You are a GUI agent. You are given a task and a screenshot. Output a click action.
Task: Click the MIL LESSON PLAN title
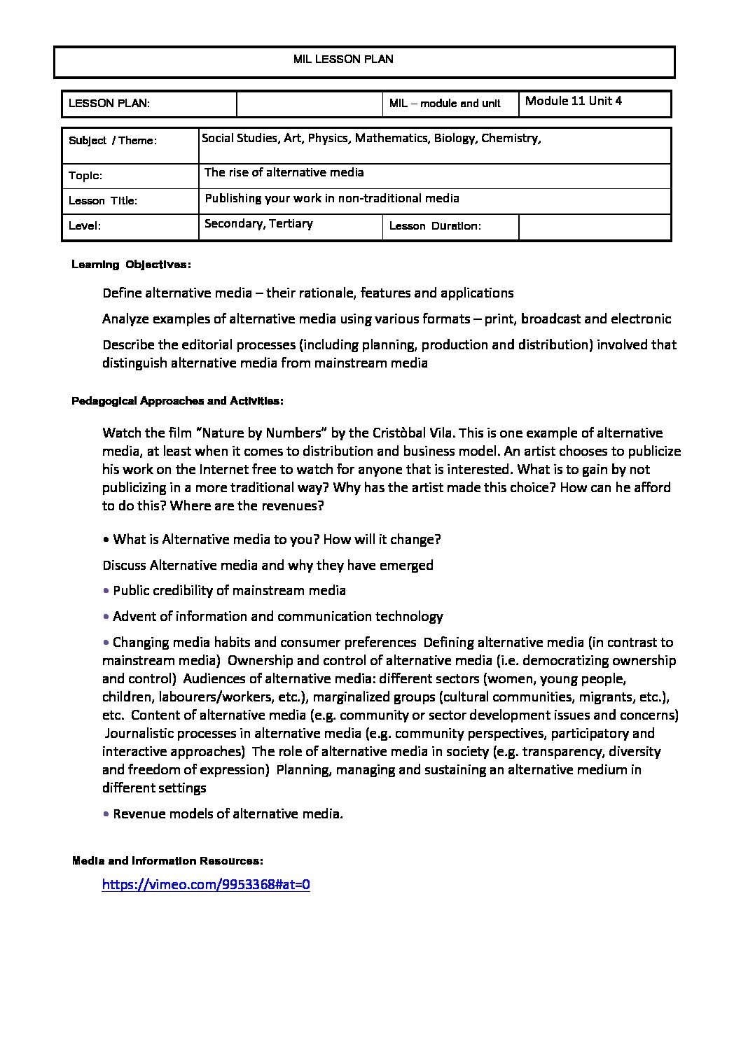click(343, 60)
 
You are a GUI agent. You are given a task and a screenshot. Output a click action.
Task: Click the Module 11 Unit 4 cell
click(573, 101)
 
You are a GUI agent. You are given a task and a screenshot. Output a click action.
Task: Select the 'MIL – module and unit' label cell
click(445, 104)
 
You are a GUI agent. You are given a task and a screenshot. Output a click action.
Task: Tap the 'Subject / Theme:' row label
click(113, 141)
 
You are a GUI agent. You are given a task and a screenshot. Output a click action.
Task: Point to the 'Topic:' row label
click(85, 176)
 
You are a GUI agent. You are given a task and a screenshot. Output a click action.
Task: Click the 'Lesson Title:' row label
click(103, 201)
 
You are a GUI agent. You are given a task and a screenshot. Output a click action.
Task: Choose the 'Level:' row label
click(85, 226)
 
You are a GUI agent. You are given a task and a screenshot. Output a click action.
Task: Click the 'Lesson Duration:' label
click(435, 226)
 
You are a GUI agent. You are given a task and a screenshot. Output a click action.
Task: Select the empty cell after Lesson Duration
click(595, 227)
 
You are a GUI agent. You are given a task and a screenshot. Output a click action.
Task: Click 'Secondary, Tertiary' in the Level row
click(258, 224)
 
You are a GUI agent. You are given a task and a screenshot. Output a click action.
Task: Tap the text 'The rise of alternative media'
click(284, 173)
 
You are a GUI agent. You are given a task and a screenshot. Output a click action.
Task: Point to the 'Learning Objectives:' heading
click(131, 265)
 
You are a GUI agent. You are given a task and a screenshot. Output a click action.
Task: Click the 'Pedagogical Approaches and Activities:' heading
click(177, 401)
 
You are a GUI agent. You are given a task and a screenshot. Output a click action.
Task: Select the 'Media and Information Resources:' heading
click(167, 861)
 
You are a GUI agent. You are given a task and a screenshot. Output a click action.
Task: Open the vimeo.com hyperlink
click(206, 884)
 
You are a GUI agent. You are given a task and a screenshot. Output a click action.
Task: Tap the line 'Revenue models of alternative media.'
click(228, 813)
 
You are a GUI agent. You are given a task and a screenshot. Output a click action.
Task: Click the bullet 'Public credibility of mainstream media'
click(229, 590)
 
